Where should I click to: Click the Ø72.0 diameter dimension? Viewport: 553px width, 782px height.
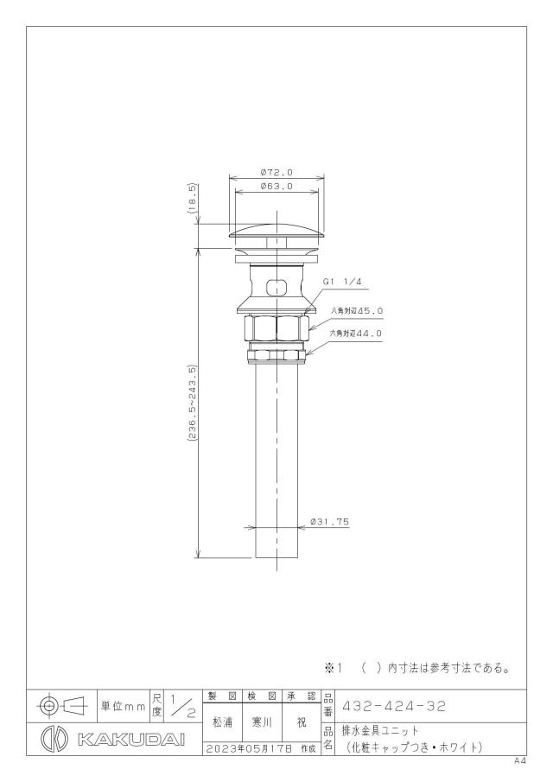click(x=276, y=173)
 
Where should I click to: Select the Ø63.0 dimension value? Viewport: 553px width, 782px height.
click(x=276, y=187)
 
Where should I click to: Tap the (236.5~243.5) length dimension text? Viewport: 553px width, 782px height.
click(x=193, y=402)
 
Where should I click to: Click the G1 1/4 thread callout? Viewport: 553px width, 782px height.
click(x=342, y=282)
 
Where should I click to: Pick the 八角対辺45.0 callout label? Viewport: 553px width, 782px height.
click(x=357, y=311)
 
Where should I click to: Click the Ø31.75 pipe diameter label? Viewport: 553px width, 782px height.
click(x=329, y=522)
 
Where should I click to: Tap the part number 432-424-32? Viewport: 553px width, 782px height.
click(x=393, y=706)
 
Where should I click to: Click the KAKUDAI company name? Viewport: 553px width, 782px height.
click(x=131, y=739)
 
